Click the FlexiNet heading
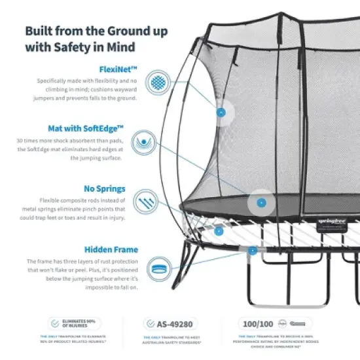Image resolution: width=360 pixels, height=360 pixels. [119, 68]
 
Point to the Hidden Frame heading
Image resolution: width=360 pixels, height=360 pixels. [111, 249]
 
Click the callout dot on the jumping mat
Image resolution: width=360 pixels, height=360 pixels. [261, 202]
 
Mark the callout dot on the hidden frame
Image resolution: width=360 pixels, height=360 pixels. [252, 249]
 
